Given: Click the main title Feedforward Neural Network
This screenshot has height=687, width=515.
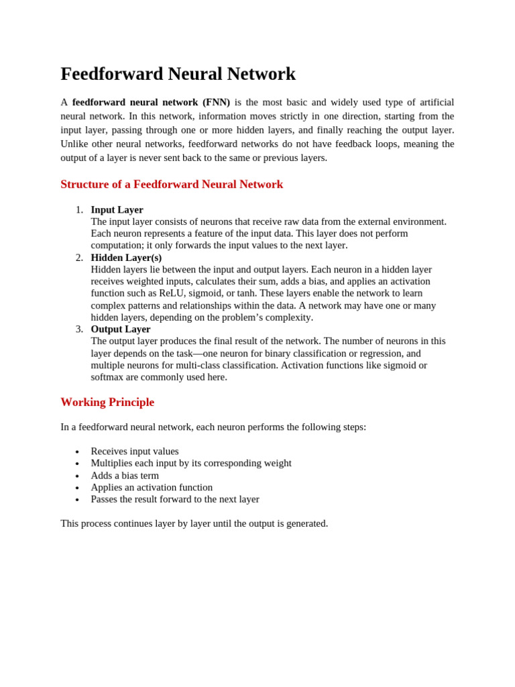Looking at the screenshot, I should tap(178, 74).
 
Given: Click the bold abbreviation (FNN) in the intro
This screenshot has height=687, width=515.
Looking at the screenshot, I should tap(216, 102).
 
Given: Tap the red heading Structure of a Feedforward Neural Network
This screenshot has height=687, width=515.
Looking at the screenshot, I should tap(172, 184).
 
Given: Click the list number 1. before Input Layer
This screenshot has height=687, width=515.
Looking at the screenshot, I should tap(79, 210).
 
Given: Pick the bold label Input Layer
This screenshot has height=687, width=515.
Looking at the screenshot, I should tap(117, 210).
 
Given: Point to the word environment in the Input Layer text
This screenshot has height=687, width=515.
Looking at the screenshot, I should tap(418, 221).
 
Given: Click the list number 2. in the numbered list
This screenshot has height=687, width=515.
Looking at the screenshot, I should tap(79, 258).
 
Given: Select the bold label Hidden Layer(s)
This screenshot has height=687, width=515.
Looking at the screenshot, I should tap(126, 258).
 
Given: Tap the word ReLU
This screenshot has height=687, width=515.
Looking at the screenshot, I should tap(172, 293).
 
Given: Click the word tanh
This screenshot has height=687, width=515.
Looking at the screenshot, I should tap(246, 293).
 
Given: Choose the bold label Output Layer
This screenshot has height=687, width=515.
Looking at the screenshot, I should tap(121, 329).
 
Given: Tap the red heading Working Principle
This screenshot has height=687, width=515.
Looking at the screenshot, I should tap(107, 402).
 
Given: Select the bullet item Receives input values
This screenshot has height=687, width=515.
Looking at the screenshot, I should tap(135, 452).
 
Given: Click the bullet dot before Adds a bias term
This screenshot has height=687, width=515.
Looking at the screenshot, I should tap(77, 476).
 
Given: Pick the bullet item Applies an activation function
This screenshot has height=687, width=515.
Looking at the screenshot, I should tap(152, 488).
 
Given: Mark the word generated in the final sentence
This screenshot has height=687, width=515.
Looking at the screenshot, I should tap(305, 523).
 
